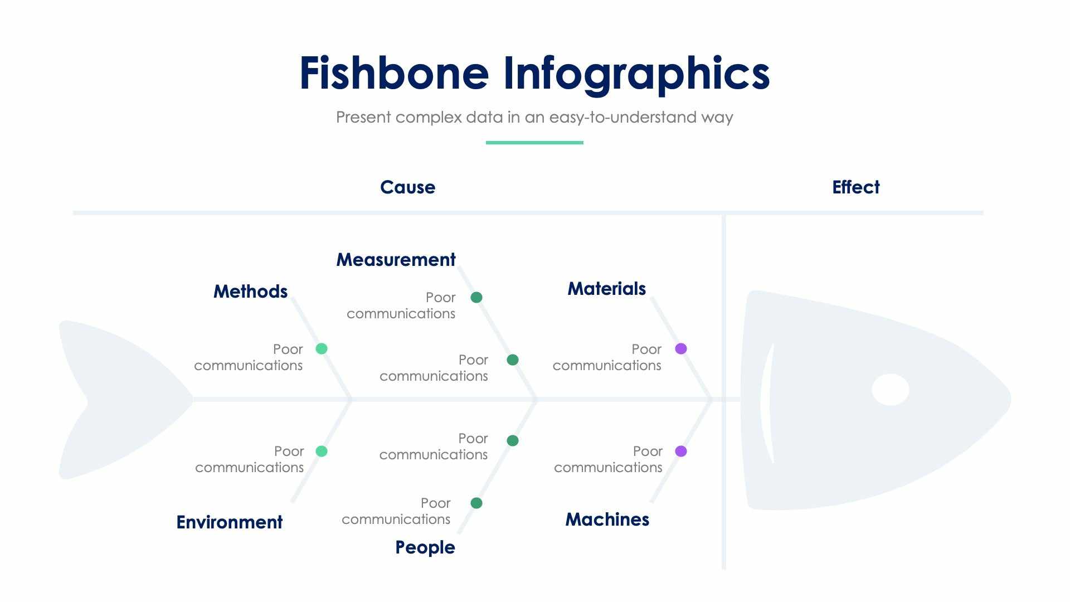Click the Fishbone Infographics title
point(534,74)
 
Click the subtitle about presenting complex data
point(534,118)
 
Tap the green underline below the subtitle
point(534,143)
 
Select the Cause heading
point(407,187)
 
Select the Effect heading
point(855,187)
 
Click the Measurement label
point(396,260)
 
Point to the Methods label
point(250,292)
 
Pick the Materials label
point(606,289)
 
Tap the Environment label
point(229,522)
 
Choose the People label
point(425,547)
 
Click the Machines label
point(607,520)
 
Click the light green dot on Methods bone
point(322,349)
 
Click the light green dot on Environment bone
point(322,451)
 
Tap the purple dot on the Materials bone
point(681,349)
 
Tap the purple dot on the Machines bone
point(681,451)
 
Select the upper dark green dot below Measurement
point(476,298)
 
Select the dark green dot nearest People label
point(476,503)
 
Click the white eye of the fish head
point(890,390)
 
